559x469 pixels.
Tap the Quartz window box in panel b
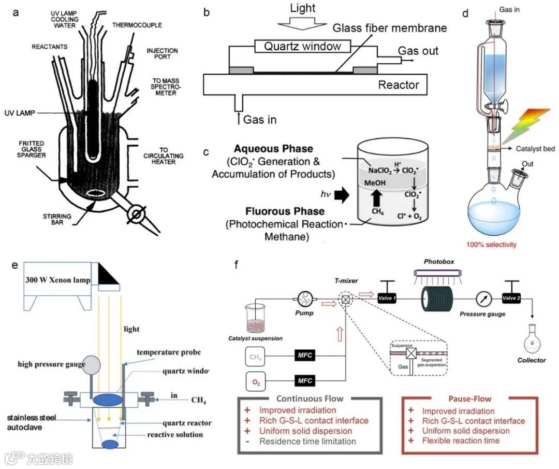pos(302,47)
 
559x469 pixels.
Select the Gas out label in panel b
pos(418,50)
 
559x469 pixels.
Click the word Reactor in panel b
pos(399,85)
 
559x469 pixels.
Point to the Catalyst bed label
pos(535,149)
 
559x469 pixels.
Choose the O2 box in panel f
pos(255,383)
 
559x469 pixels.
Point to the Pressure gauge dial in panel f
pos(485,299)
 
